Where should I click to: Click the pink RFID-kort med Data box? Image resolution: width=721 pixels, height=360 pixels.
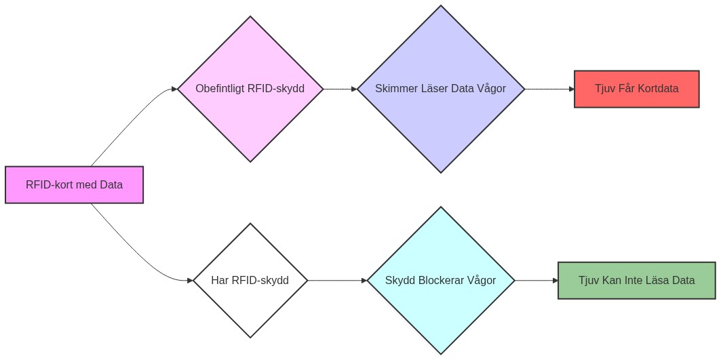pyautogui.click(x=75, y=184)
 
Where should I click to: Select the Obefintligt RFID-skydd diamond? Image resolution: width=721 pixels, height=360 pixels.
pyautogui.click(x=250, y=119)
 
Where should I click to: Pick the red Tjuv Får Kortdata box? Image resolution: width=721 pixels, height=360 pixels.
pyautogui.click(x=636, y=89)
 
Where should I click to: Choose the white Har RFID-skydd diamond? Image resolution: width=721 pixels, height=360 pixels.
pyautogui.click(x=250, y=305)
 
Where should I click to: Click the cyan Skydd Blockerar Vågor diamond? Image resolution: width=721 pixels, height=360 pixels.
pyautogui.click(x=441, y=312)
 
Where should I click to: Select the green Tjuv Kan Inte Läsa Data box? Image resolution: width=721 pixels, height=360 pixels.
pyautogui.click(x=636, y=280)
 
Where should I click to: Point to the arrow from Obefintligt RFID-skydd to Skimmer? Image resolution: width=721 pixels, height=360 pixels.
pyautogui.click(x=339, y=89)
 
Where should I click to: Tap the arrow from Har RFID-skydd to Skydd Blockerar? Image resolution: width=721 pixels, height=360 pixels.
pyautogui.click(x=336, y=280)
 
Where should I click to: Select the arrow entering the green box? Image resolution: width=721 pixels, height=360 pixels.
pyautogui.click(x=536, y=280)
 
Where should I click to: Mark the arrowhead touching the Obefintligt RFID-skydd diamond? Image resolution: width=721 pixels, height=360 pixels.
pyautogui.click(x=174, y=89)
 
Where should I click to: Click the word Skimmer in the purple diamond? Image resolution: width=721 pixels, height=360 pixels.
pyautogui.click(x=396, y=89)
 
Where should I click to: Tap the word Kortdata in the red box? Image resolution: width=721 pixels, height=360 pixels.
pyautogui.click(x=656, y=89)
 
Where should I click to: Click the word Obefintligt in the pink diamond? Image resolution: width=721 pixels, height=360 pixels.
pyautogui.click(x=220, y=89)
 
